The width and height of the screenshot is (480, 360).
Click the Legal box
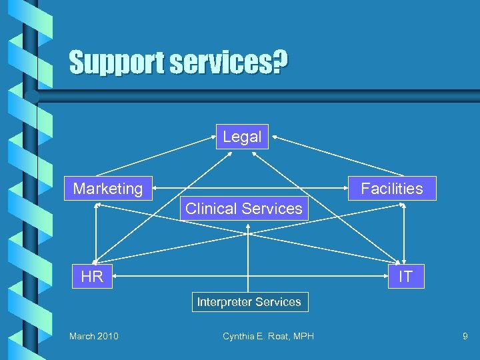(242, 137)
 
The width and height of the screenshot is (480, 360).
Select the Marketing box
(108, 189)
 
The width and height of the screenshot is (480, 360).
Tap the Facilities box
(392, 189)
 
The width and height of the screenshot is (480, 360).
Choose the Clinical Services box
(244, 209)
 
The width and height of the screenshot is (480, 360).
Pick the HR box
(92, 276)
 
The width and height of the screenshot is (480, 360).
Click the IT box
(405, 276)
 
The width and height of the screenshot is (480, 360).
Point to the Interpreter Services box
(249, 302)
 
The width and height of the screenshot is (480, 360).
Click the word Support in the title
(116, 63)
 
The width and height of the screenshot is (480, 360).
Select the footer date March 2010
(94, 336)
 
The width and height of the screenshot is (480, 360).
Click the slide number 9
(465, 336)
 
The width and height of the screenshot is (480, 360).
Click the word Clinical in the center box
(209, 209)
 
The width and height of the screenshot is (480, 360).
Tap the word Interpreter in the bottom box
(223, 302)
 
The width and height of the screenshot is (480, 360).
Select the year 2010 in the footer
(107, 336)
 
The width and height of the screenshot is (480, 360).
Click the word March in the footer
(81, 336)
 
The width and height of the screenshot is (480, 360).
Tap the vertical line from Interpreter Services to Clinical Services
(249, 260)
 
